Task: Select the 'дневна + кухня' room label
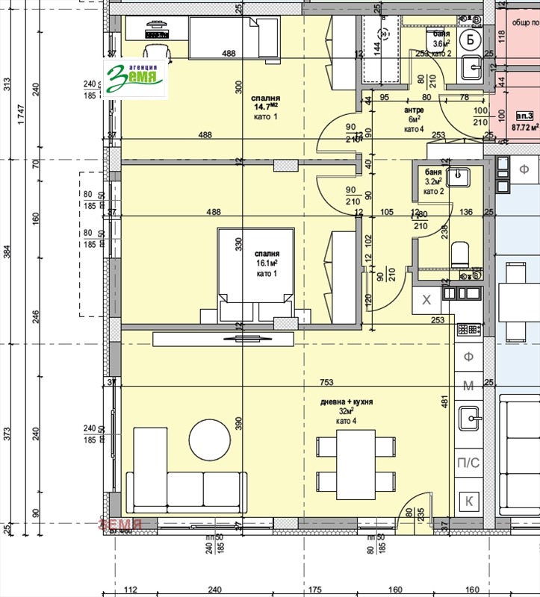(347, 401)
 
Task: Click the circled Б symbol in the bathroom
(469, 40)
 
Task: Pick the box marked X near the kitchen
(427, 300)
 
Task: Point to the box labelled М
(468, 385)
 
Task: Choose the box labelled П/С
(468, 463)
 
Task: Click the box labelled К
(468, 501)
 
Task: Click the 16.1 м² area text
(267, 263)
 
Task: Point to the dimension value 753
(326, 382)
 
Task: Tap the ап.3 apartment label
(524, 115)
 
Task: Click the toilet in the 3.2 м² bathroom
(459, 254)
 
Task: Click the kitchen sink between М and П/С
(468, 419)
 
